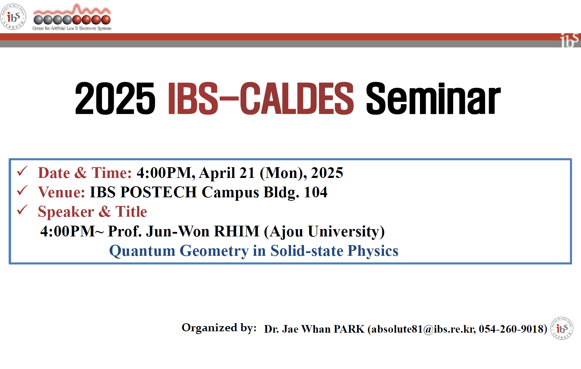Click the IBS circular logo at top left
(x=13, y=17)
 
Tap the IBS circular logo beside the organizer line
(x=562, y=328)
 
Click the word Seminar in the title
(x=433, y=98)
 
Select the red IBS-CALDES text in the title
(x=261, y=98)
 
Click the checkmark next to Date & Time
(x=22, y=171)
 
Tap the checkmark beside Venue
(x=22, y=190)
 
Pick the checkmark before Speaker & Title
(x=22, y=210)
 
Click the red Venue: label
(x=62, y=192)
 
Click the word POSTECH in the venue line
(x=159, y=192)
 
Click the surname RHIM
(x=236, y=231)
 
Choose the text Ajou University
(x=324, y=232)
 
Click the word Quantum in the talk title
(x=142, y=251)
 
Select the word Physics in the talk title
(x=373, y=251)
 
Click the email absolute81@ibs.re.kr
(x=423, y=329)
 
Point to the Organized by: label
(x=219, y=328)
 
